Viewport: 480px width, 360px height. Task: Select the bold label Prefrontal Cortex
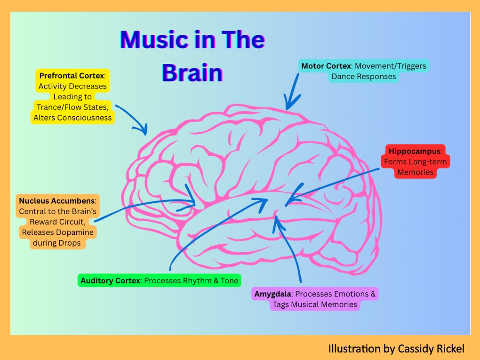point(72,76)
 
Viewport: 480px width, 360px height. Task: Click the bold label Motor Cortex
point(326,66)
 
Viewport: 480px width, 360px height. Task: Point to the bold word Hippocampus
point(415,152)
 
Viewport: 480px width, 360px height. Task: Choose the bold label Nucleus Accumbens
point(57,201)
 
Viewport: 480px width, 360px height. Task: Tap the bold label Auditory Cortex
point(111,281)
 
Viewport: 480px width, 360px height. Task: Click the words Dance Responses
point(364,76)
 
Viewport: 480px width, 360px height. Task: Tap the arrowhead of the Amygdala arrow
point(278,219)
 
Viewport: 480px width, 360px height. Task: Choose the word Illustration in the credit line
point(353,349)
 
